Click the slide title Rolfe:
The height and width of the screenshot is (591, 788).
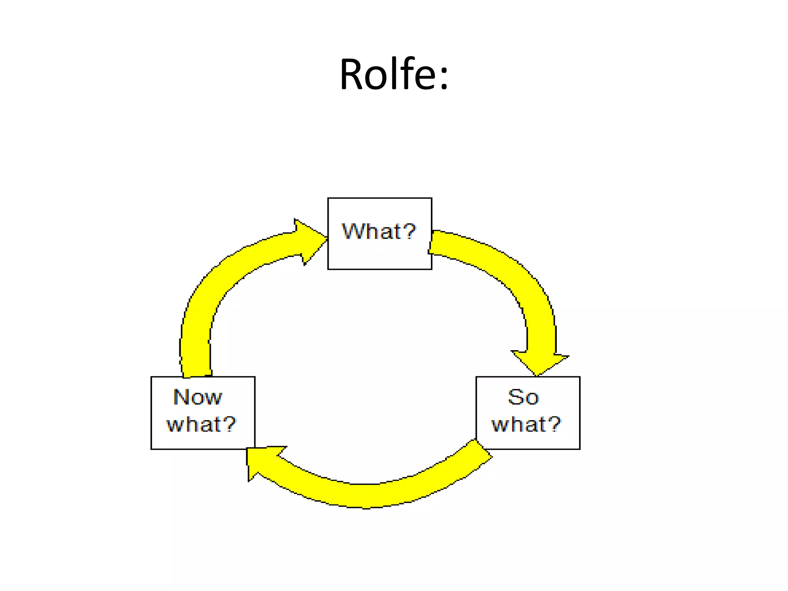(x=394, y=74)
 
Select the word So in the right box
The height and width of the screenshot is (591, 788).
(x=523, y=397)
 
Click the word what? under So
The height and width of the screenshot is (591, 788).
(x=526, y=424)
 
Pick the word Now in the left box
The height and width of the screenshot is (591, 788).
(x=198, y=397)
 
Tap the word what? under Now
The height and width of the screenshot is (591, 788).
(x=201, y=424)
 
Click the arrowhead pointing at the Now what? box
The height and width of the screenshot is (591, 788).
(x=262, y=462)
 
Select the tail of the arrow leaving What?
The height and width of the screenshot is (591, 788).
(x=437, y=243)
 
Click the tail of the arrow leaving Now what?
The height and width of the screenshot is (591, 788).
(x=197, y=369)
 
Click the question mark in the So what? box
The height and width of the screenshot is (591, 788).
(x=554, y=424)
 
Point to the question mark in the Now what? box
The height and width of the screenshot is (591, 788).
(x=229, y=424)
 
